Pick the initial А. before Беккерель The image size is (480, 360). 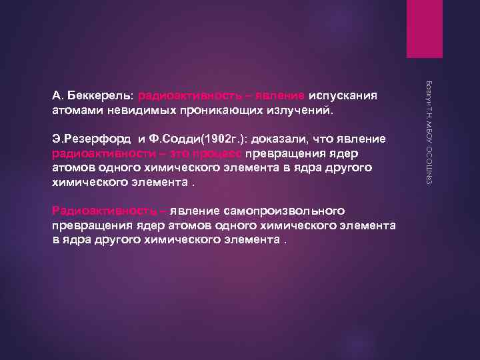point(57,95)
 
